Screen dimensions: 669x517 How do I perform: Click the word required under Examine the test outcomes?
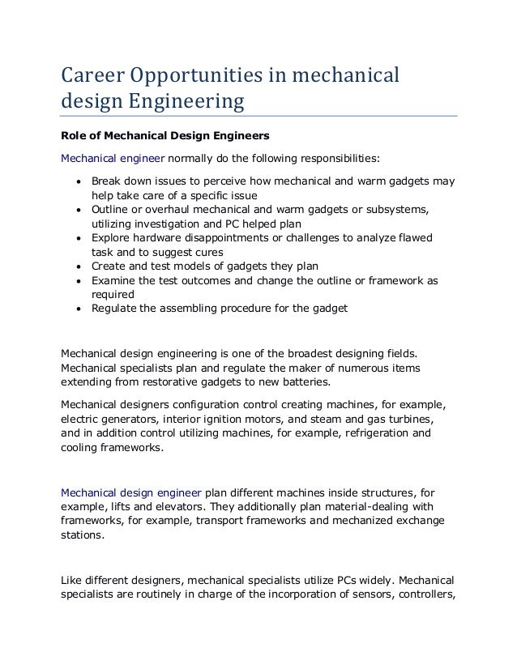[x=113, y=294]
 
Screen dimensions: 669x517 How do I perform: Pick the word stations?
[x=85, y=533]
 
